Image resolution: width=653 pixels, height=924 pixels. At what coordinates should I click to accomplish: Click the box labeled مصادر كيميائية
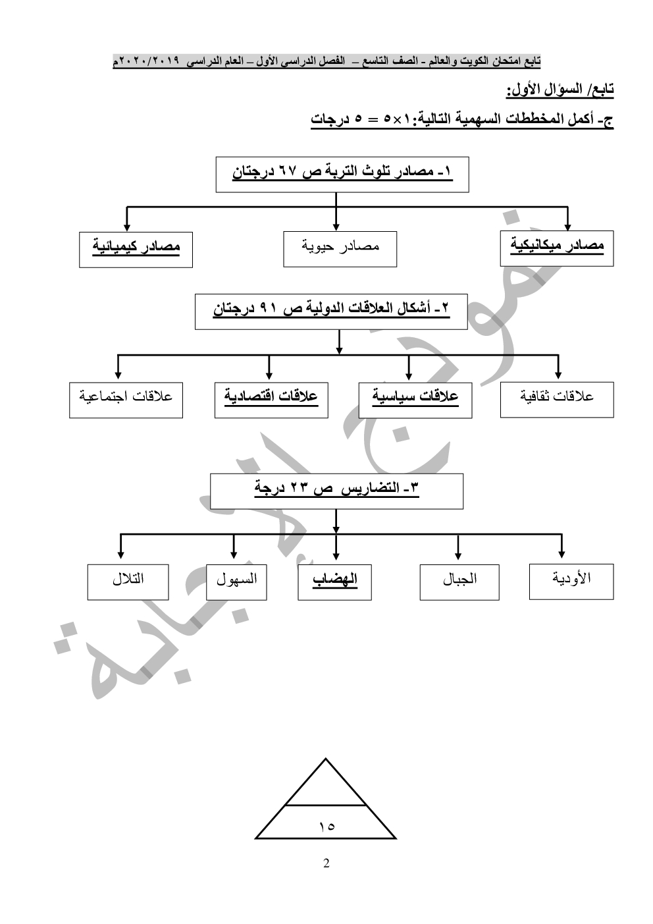pos(136,249)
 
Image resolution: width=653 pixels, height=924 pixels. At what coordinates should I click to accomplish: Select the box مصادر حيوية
pos(340,248)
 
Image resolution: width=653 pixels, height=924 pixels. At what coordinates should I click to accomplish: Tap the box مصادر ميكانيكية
pos(556,248)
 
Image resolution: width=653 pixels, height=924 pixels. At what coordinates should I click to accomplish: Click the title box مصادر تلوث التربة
pos(342,174)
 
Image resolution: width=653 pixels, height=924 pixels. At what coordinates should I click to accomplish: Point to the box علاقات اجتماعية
pos(126,399)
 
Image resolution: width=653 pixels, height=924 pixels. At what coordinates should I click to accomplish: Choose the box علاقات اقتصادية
pos(271,399)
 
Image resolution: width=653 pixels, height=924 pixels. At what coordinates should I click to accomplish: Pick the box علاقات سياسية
pos(415,399)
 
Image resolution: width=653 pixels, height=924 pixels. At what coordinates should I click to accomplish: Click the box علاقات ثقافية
pos(556,399)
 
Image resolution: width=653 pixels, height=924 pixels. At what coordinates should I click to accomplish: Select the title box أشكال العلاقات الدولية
pos(330,311)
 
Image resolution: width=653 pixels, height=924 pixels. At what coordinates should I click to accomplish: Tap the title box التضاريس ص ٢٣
pos(336,491)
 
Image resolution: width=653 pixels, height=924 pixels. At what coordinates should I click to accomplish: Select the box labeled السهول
pos(236,582)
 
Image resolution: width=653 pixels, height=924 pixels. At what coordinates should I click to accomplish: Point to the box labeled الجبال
pos(459,582)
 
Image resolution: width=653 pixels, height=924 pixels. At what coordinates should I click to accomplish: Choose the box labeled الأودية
pos(571,581)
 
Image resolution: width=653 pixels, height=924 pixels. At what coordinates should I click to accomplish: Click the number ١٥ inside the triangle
pos(326,826)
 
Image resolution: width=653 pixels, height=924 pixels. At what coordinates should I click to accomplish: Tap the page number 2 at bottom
pos(326,863)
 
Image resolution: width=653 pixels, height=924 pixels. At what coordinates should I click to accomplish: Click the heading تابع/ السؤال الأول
pos(560,89)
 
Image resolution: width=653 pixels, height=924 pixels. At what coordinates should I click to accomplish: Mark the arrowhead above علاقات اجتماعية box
pos(118,375)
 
